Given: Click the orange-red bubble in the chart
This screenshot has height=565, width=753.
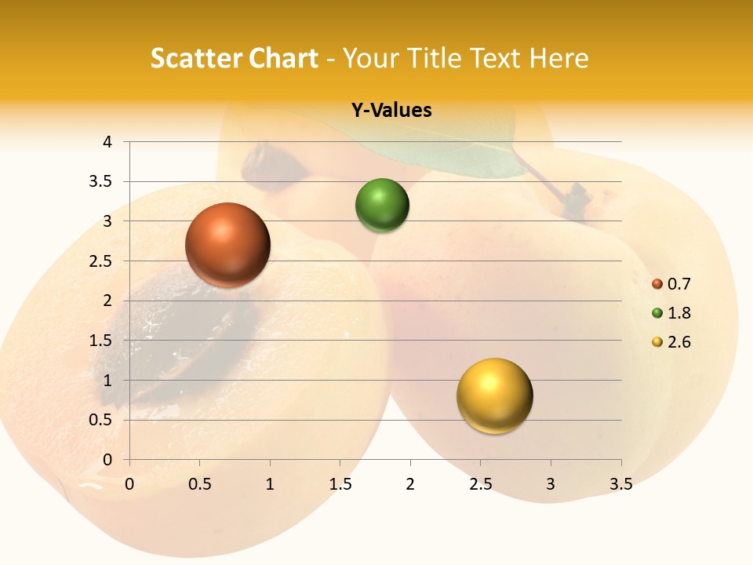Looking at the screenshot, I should point(228,244).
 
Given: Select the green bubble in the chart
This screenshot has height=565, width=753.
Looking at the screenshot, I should point(382,206).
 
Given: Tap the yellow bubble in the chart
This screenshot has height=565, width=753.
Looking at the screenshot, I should point(494,395).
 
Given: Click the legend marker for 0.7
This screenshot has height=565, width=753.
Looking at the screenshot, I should point(657,284).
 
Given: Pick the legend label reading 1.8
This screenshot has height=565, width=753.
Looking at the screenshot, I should point(678,313).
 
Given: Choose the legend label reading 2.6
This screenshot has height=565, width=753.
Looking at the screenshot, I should point(678,342).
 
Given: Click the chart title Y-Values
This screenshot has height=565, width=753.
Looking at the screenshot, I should point(391,111).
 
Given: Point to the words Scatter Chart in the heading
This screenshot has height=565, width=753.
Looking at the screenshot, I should point(234,58).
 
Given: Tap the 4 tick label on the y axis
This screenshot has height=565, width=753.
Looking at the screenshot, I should point(107,142).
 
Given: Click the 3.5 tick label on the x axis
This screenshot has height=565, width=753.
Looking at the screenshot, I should point(620,484).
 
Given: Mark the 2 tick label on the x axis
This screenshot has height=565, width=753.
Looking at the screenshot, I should point(410,484).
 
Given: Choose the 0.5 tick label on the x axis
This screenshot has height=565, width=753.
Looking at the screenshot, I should point(200,484).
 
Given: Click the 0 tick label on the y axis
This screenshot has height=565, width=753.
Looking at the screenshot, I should point(107,459).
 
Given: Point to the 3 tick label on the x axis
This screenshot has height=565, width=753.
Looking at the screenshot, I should point(551,484).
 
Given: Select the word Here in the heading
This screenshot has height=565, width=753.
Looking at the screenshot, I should point(559,58).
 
